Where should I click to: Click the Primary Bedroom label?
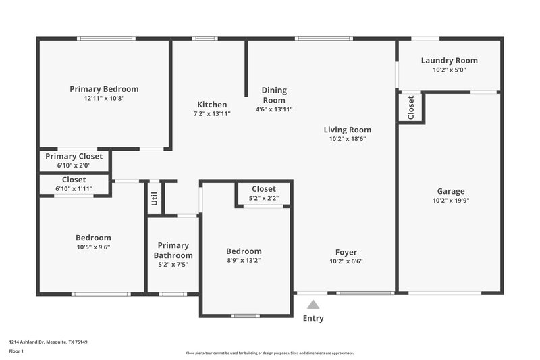tap(104, 89)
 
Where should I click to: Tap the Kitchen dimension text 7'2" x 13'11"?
tap(212, 114)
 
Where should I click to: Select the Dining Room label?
tap(274, 95)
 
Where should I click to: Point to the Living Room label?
tap(348, 130)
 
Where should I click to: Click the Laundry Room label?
tap(449, 60)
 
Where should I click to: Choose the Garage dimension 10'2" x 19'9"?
tap(450, 201)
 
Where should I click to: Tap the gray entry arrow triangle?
tap(313, 305)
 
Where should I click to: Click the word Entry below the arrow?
tap(313, 319)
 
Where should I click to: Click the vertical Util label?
tap(155, 199)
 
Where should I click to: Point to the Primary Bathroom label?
tap(173, 251)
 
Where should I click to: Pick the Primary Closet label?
tap(74, 156)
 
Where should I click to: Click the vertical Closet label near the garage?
tap(410, 107)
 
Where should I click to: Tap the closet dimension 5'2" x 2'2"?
tap(264, 199)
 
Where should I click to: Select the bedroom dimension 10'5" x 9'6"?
tap(93, 247)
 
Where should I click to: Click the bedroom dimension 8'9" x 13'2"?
tap(244, 261)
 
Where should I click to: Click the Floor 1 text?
tap(16, 351)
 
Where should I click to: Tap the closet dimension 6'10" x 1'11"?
tap(74, 189)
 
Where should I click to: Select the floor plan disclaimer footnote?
tap(269, 353)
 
